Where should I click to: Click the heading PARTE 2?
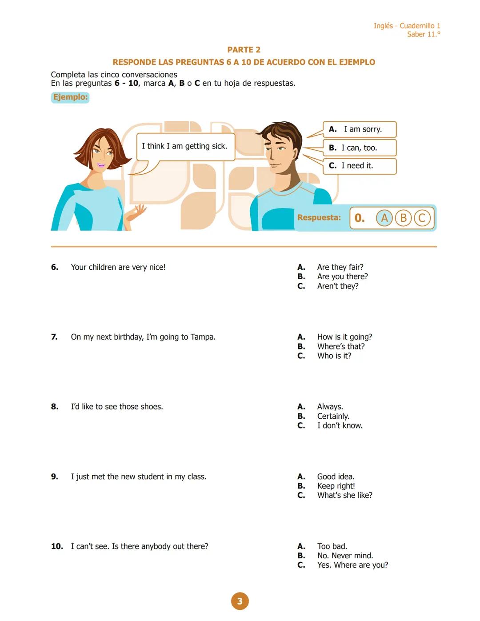tap(244, 50)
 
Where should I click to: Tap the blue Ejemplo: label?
tap(70, 97)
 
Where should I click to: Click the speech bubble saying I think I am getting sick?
tap(185, 146)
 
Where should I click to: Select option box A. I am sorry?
tap(359, 129)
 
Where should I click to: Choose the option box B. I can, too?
tap(359, 148)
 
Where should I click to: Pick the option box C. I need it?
tap(359, 166)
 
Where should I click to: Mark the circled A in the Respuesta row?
tap(384, 218)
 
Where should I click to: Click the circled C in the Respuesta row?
tap(422, 218)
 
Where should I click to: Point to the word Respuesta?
tap(319, 218)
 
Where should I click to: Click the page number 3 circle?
tap(240, 601)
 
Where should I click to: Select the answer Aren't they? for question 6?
tap(338, 286)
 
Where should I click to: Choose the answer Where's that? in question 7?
tap(341, 347)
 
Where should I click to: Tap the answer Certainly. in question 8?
tap(333, 417)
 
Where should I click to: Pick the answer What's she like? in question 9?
tap(344, 495)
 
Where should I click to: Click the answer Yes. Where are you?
tap(352, 565)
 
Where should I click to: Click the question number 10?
tap(57, 546)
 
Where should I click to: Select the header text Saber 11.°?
tap(424, 34)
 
